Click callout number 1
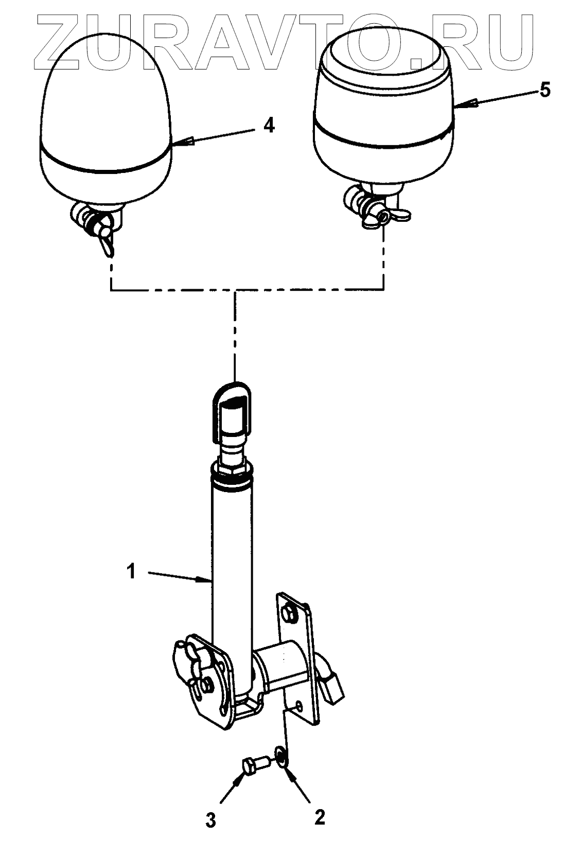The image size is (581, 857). click(132, 571)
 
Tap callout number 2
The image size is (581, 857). click(320, 817)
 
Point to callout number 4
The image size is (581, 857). click(269, 126)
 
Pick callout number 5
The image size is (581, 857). click(544, 91)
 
